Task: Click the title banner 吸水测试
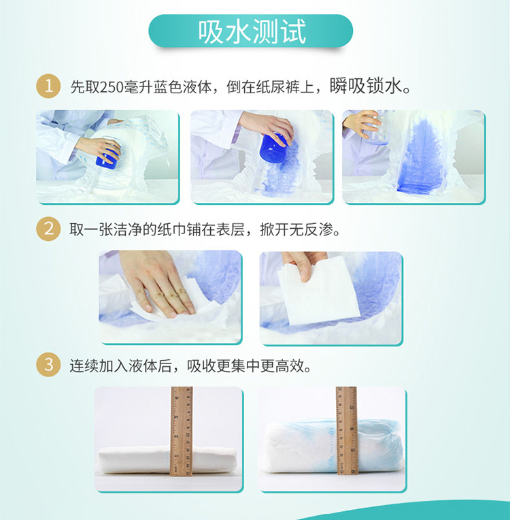[x=250, y=31]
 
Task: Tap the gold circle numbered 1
[x=48, y=86]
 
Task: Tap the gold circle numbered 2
[x=48, y=229]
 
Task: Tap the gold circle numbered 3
[x=48, y=364]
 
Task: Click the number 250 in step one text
[x=112, y=87]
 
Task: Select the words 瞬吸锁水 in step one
[x=366, y=86]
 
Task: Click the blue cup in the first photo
[x=108, y=155]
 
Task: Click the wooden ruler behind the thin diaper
[x=182, y=431]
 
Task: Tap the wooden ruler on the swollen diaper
[x=347, y=430]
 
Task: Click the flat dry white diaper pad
[x=167, y=459]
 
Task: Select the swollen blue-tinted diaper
[x=333, y=445]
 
